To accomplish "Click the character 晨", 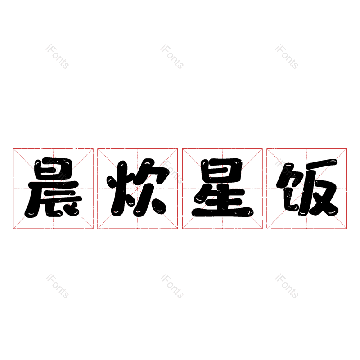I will [53, 189].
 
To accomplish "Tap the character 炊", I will [137, 189].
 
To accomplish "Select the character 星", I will [222, 189].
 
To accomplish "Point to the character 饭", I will [307, 189].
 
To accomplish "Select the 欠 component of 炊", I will [151, 189].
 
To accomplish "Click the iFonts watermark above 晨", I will [57, 57].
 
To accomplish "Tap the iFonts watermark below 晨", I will [57, 287].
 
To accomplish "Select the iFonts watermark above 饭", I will [287, 57].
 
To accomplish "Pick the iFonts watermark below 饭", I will [287, 287].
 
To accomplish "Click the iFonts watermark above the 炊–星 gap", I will [172, 57].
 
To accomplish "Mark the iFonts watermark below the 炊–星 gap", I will [172, 287].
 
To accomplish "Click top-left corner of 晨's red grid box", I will [13, 148].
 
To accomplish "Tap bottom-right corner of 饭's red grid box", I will [347, 229].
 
